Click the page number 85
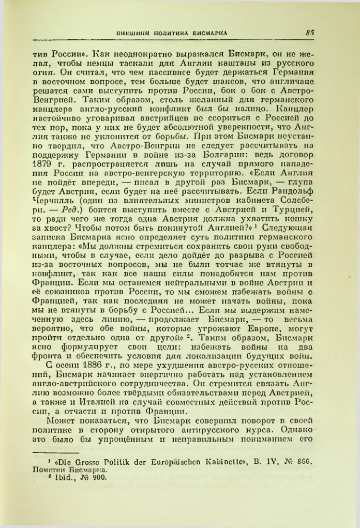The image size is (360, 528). (x=310, y=32)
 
